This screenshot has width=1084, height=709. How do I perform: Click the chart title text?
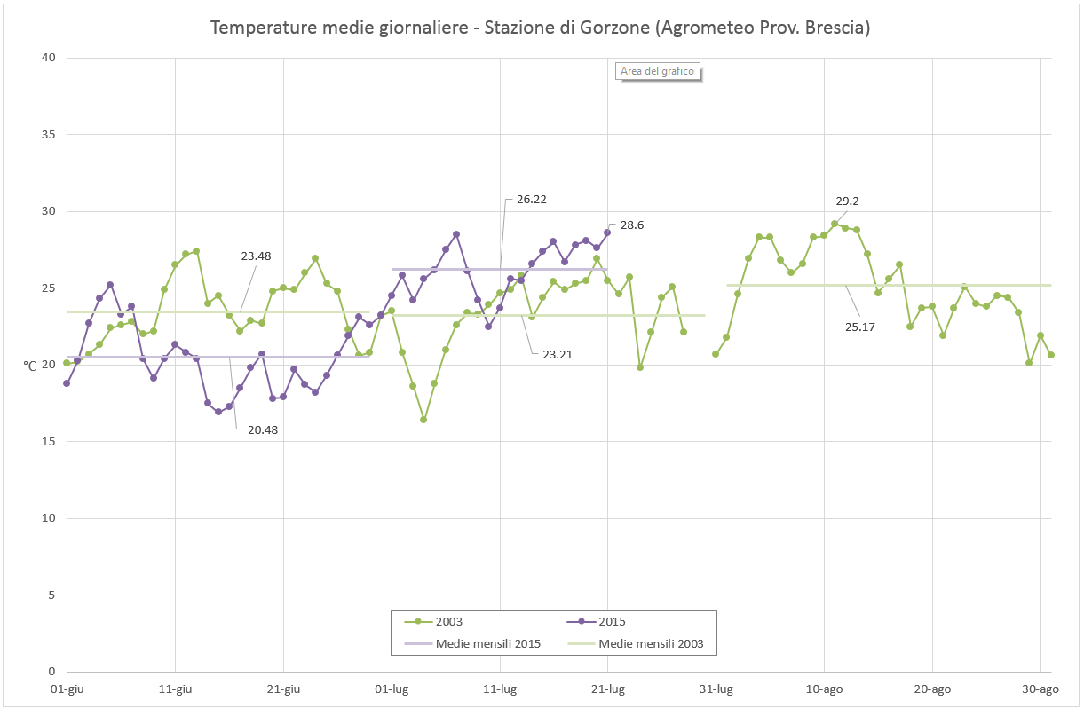pyautogui.click(x=540, y=28)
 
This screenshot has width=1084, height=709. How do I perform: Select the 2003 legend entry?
pyautogui.click(x=448, y=622)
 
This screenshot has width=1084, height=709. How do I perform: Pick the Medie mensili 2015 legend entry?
pyautogui.click(x=487, y=643)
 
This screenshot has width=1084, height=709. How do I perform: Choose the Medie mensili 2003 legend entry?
pyautogui.click(x=651, y=643)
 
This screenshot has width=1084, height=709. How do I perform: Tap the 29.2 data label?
pyautogui.click(x=847, y=201)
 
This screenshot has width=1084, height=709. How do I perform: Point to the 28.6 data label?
pyautogui.click(x=632, y=225)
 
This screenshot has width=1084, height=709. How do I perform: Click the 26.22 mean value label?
pyautogui.click(x=531, y=200)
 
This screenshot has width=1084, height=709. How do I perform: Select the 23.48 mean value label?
pyautogui.click(x=256, y=256)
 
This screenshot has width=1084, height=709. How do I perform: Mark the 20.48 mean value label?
pyautogui.click(x=263, y=429)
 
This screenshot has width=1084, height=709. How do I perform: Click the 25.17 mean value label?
pyautogui.click(x=859, y=327)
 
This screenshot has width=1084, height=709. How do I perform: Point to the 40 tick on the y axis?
pyautogui.click(x=48, y=58)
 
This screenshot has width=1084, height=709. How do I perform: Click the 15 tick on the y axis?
pyautogui.click(x=48, y=441)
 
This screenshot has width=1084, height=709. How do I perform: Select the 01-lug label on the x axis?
pyautogui.click(x=392, y=689)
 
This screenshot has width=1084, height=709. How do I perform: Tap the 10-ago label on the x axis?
pyautogui.click(x=824, y=689)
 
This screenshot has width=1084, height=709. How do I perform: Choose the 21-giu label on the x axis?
pyautogui.click(x=283, y=689)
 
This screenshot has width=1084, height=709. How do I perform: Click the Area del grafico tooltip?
pyautogui.click(x=657, y=71)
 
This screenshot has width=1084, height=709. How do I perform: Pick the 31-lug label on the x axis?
pyautogui.click(x=716, y=689)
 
